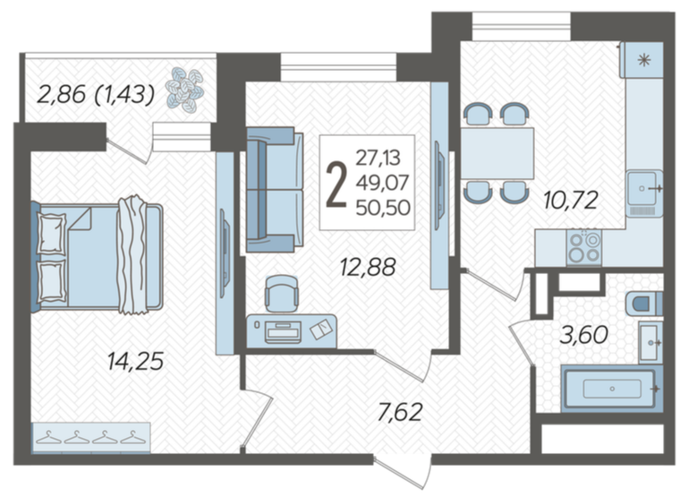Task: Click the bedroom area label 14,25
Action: tap(136, 362)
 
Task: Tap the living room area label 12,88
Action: tap(368, 267)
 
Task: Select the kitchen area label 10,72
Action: tap(571, 201)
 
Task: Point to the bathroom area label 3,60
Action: tap(584, 335)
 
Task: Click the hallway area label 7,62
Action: tap(400, 412)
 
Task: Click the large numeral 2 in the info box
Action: tap(336, 184)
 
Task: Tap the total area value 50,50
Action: tap(383, 208)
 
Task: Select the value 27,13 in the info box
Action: tap(378, 158)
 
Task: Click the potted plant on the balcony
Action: tap(184, 90)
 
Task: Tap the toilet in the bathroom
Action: tap(644, 304)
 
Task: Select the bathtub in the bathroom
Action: tap(612, 389)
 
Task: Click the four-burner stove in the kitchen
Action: tap(583, 247)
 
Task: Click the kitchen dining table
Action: tap(497, 153)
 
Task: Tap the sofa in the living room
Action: tap(275, 190)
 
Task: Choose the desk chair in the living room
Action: tap(282, 294)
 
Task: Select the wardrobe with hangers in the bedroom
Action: tap(91, 437)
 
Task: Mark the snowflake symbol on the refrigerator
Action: tap(643, 61)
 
